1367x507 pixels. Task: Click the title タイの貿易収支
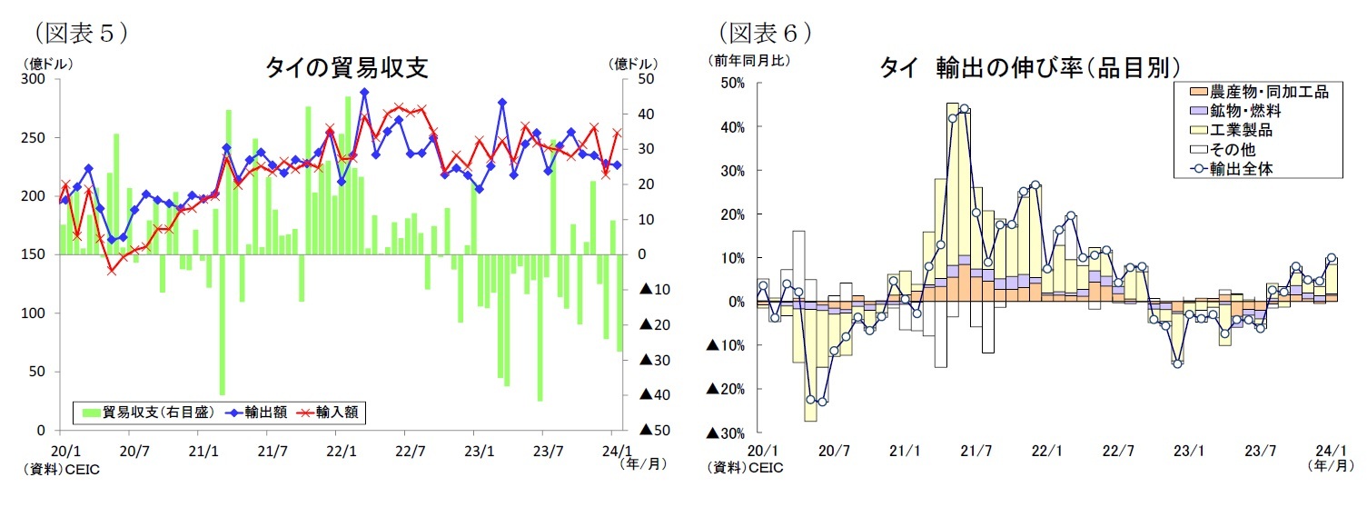coord(346,67)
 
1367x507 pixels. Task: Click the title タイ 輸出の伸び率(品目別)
coord(1029,67)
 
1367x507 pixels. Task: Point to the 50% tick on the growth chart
coord(730,83)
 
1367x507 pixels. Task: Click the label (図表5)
coord(79,34)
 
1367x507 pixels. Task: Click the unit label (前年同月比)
coord(749,61)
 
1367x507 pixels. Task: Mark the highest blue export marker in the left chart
coord(364,92)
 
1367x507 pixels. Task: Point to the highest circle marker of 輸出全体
coord(964,109)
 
